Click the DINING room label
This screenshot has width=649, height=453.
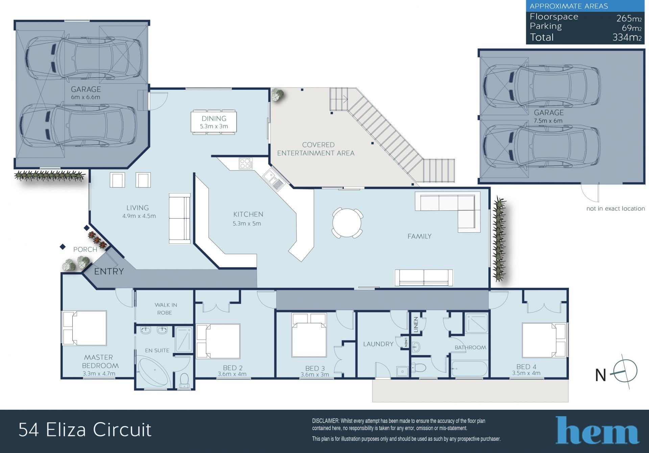click(x=214, y=119)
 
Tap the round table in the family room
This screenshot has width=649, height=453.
click(x=347, y=223)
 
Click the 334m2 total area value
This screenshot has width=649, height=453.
click(x=627, y=37)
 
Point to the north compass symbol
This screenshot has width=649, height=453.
click(x=625, y=371)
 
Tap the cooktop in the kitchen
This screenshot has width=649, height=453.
click(x=246, y=163)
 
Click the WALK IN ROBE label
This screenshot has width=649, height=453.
click(x=165, y=309)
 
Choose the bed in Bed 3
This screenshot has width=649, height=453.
click(x=309, y=334)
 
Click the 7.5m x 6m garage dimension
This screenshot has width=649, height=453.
click(x=548, y=121)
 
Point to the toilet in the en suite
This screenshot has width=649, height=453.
click(x=185, y=380)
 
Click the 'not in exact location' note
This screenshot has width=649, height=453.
click(x=616, y=209)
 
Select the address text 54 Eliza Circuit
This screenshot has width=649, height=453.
click(x=85, y=430)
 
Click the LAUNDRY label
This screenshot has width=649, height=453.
click(x=378, y=344)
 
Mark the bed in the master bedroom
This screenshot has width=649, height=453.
click(x=85, y=328)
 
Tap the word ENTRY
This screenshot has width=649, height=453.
click(x=109, y=271)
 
